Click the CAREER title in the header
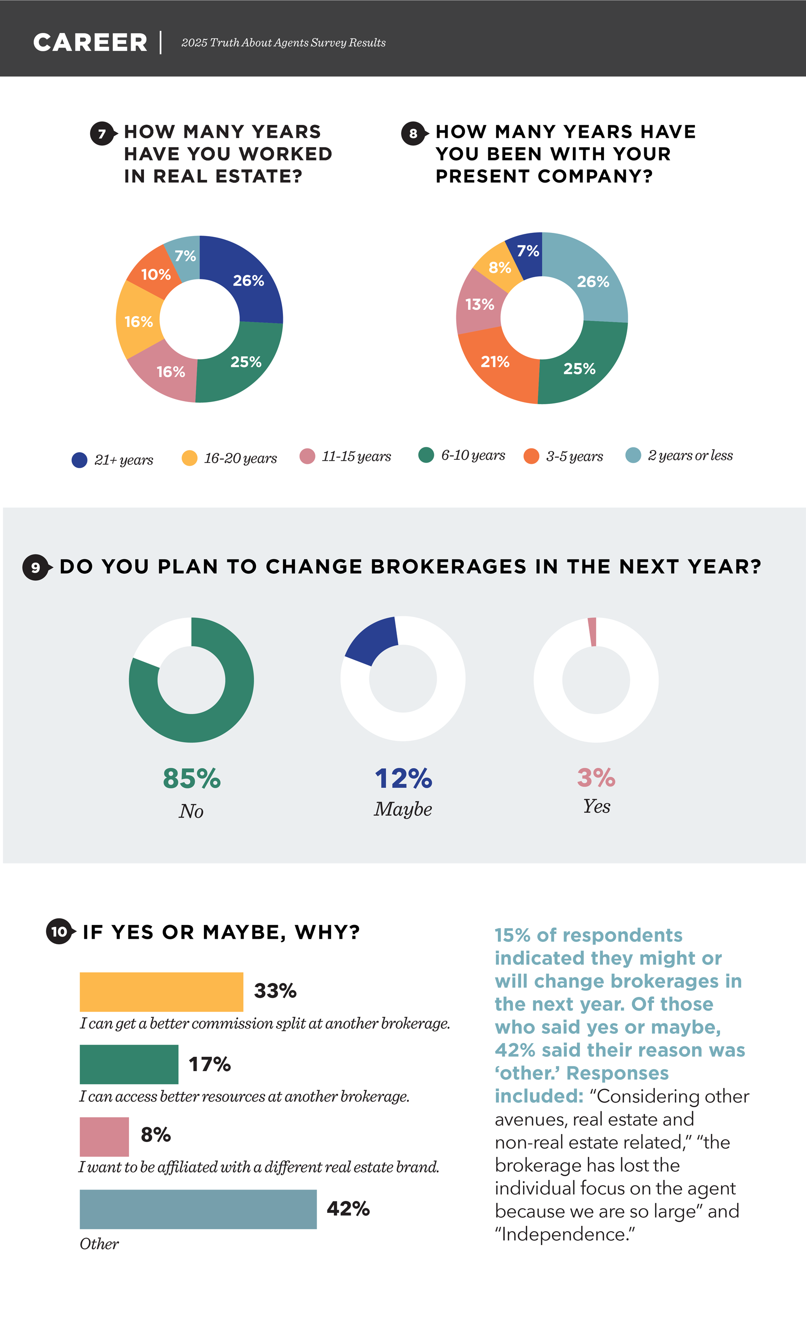point(90,43)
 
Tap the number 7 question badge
point(102,134)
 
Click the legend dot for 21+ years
point(80,460)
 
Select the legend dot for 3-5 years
point(531,456)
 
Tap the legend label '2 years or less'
point(690,456)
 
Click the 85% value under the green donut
point(192,778)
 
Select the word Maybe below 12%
point(403,809)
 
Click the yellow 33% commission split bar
point(161,992)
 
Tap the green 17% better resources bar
point(129,1065)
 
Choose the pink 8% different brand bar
point(104,1137)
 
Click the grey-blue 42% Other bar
point(198,1210)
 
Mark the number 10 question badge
point(59,932)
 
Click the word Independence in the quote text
point(567,1234)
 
